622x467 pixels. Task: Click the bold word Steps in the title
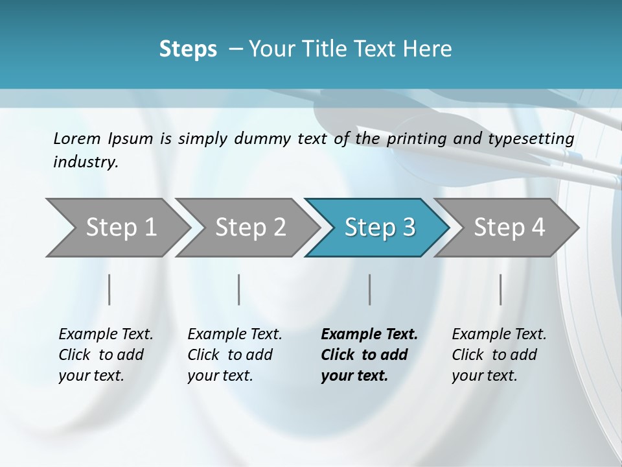(188, 49)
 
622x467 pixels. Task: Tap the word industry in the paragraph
(86, 162)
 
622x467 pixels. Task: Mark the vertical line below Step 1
(109, 289)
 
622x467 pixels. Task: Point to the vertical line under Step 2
(239, 289)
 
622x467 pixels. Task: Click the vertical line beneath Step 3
(369, 289)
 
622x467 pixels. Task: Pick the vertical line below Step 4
(500, 289)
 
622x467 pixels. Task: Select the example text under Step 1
(105, 355)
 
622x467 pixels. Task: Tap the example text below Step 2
(234, 355)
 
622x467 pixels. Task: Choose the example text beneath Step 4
(498, 355)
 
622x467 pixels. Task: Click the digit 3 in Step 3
(408, 228)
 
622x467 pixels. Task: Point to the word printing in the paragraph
(418, 139)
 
